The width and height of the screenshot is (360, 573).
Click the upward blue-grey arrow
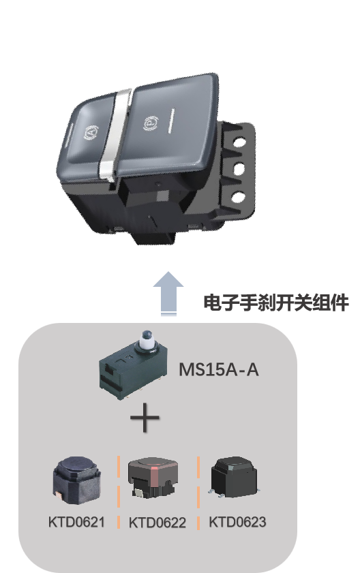(168, 293)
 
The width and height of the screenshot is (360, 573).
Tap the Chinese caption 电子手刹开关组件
(276, 303)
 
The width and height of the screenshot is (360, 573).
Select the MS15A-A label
(219, 369)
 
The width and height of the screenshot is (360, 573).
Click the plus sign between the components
(145, 418)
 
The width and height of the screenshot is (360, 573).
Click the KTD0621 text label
(76, 522)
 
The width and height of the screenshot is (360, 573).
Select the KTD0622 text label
(157, 523)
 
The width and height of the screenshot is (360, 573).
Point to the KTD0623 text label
(237, 522)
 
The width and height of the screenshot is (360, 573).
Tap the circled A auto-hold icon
(91, 133)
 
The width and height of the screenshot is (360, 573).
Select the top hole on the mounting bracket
(239, 141)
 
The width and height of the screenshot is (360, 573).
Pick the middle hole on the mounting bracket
(239, 169)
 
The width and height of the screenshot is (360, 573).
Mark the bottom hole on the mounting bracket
(238, 198)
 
